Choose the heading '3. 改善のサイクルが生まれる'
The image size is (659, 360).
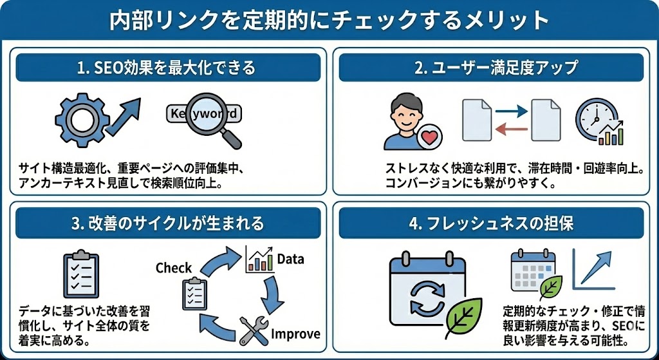168,223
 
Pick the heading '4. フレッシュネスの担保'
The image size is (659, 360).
494,223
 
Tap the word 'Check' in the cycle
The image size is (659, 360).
174,267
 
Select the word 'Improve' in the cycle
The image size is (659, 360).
295,334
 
